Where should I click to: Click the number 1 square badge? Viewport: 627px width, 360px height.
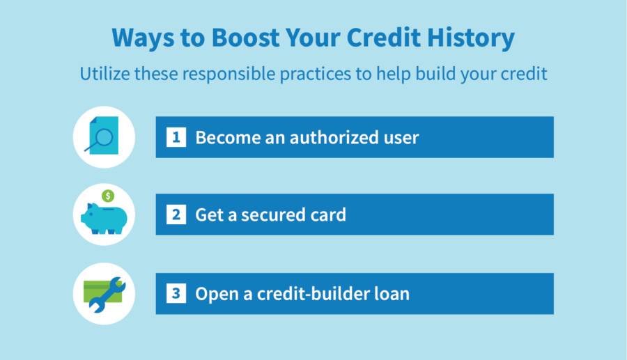point(176,137)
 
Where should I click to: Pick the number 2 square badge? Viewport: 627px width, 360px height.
point(176,214)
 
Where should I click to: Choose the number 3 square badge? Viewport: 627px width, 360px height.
point(176,294)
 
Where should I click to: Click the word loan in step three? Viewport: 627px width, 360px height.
point(391,294)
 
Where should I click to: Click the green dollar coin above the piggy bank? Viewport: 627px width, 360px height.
point(107,196)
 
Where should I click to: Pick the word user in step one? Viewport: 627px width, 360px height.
point(398,137)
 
